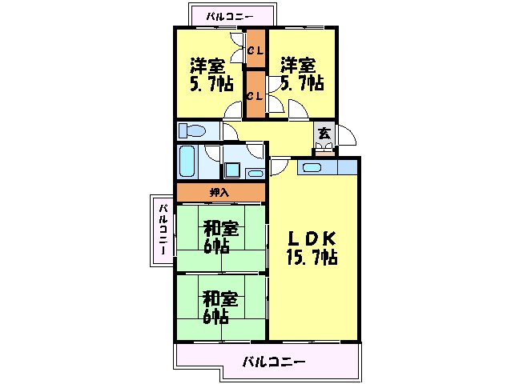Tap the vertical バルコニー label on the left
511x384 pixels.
coord(162,230)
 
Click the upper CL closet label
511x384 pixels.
coord(255,52)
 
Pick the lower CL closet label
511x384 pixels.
coord(255,95)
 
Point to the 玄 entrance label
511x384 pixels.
coord(324,134)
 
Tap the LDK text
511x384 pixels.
coord(312,238)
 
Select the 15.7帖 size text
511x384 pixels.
coord(312,258)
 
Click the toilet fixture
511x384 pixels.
coord(191,130)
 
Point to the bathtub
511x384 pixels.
coord(187,162)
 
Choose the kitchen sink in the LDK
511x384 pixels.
coord(308,168)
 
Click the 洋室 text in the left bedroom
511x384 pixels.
coord(207,64)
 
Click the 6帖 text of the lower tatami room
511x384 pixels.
coord(217,317)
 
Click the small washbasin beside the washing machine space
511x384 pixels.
coord(255,173)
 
